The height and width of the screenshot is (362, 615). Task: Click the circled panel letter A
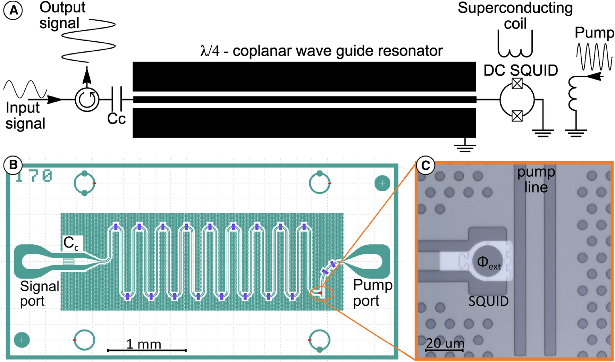pyautogui.click(x=13, y=10)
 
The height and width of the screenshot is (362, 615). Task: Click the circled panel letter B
pyautogui.click(x=13, y=165)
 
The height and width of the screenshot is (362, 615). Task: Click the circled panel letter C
pyautogui.click(x=426, y=166)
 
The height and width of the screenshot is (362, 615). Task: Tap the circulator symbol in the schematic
pyautogui.click(x=87, y=100)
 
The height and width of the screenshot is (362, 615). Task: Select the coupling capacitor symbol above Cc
pyautogui.click(x=117, y=100)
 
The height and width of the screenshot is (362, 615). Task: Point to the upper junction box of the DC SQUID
pyautogui.click(x=517, y=84)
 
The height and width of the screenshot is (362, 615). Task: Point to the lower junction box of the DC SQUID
pyautogui.click(x=517, y=116)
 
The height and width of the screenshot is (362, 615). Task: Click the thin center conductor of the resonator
pyautogui.click(x=304, y=100)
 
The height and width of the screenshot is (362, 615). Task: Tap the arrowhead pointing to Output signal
pyautogui.click(x=87, y=75)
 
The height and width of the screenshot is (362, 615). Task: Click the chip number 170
pyautogui.click(x=34, y=176)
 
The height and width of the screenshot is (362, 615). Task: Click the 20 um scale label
pyautogui.click(x=445, y=343)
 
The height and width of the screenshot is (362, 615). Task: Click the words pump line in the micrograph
pyautogui.click(x=536, y=180)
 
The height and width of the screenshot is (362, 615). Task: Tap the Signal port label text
pyautogui.click(x=39, y=294)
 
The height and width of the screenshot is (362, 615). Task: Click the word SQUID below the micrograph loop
pyautogui.click(x=488, y=301)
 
